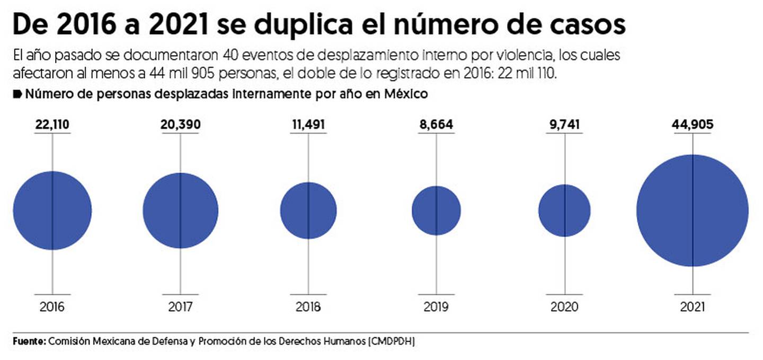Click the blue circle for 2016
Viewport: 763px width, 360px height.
coord(52,210)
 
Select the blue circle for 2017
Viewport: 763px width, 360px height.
coord(180,210)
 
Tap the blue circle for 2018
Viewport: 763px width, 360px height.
coord(308,210)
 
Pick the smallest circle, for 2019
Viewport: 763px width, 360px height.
coord(436,210)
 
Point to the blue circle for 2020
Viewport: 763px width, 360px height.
coord(564,210)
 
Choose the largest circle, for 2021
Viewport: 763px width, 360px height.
coord(693,210)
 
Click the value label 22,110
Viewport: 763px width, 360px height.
coord(52,125)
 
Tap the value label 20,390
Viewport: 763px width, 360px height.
coord(180,125)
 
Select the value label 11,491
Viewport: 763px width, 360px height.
coord(308,125)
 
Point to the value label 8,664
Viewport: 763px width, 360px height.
coord(436,125)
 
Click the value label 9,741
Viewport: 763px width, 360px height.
coord(564,125)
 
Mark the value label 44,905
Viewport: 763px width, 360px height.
coord(693,125)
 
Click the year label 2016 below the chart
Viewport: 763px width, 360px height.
coord(52,307)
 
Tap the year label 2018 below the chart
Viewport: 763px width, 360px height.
coord(308,307)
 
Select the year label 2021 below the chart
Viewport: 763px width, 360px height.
coord(693,307)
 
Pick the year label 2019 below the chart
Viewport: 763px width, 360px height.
coord(436,307)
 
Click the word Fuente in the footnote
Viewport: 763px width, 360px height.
coord(29,341)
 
